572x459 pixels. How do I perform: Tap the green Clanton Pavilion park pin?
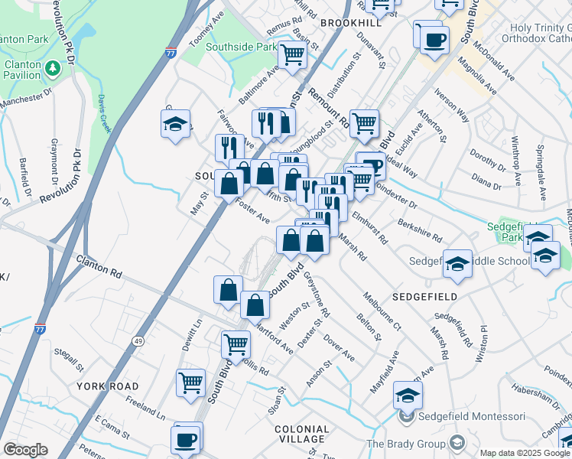(x=53, y=69)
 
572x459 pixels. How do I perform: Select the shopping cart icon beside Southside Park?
(x=292, y=55)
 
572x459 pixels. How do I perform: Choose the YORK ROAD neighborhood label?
(x=107, y=386)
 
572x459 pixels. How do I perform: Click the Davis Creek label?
(x=105, y=113)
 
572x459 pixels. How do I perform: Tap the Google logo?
(x=25, y=450)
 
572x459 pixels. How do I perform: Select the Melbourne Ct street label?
(x=382, y=311)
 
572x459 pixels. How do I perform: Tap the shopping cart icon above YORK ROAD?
(x=190, y=382)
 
